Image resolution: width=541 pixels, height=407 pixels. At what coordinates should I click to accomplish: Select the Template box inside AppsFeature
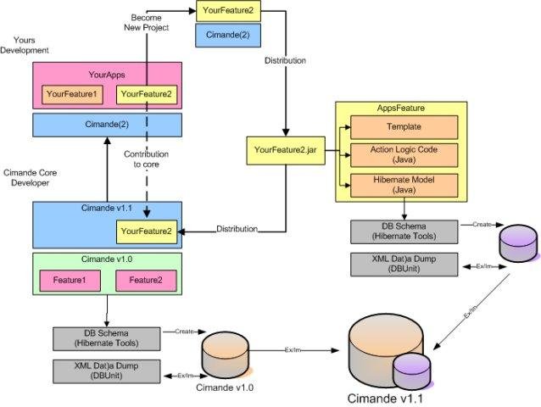coord(404,127)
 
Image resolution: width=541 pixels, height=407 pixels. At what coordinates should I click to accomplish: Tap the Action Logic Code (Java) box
coord(404,155)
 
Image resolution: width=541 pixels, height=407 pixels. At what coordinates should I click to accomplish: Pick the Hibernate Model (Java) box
coord(404,185)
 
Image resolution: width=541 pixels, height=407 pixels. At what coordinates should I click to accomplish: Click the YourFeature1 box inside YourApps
coord(72,92)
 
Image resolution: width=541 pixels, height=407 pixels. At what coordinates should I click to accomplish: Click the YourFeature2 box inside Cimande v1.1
coord(145,231)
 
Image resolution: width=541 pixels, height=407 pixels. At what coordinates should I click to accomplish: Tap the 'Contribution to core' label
coord(146,159)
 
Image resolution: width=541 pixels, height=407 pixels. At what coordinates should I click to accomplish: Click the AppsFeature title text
coord(400,109)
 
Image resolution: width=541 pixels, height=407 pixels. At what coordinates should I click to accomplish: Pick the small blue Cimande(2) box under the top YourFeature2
coord(227,36)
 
